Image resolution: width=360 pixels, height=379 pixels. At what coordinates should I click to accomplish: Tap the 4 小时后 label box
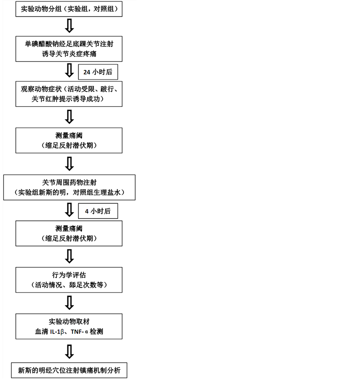(x=98, y=211)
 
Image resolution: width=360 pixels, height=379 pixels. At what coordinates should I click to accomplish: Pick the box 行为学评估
(x=69, y=280)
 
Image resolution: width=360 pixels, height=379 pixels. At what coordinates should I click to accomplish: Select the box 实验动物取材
(x=69, y=326)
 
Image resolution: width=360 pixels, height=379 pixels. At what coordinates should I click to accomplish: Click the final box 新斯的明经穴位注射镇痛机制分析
(x=69, y=370)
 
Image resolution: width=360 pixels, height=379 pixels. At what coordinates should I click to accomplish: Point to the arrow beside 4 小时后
(x=69, y=210)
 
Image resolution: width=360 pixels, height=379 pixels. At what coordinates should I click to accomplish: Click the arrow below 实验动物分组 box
(x=69, y=26)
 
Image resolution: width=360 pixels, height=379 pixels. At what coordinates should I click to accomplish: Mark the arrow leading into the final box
(x=69, y=351)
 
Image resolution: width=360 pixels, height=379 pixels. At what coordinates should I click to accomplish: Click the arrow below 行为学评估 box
(x=69, y=302)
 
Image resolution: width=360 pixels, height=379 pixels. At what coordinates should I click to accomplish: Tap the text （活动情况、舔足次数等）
(x=69, y=285)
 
